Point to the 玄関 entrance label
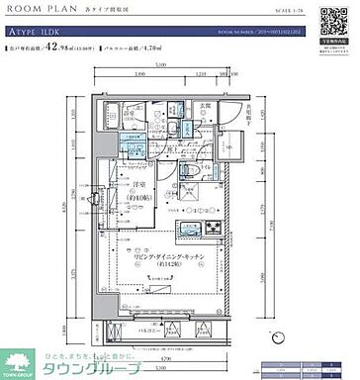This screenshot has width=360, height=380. (x=206, y=106)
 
